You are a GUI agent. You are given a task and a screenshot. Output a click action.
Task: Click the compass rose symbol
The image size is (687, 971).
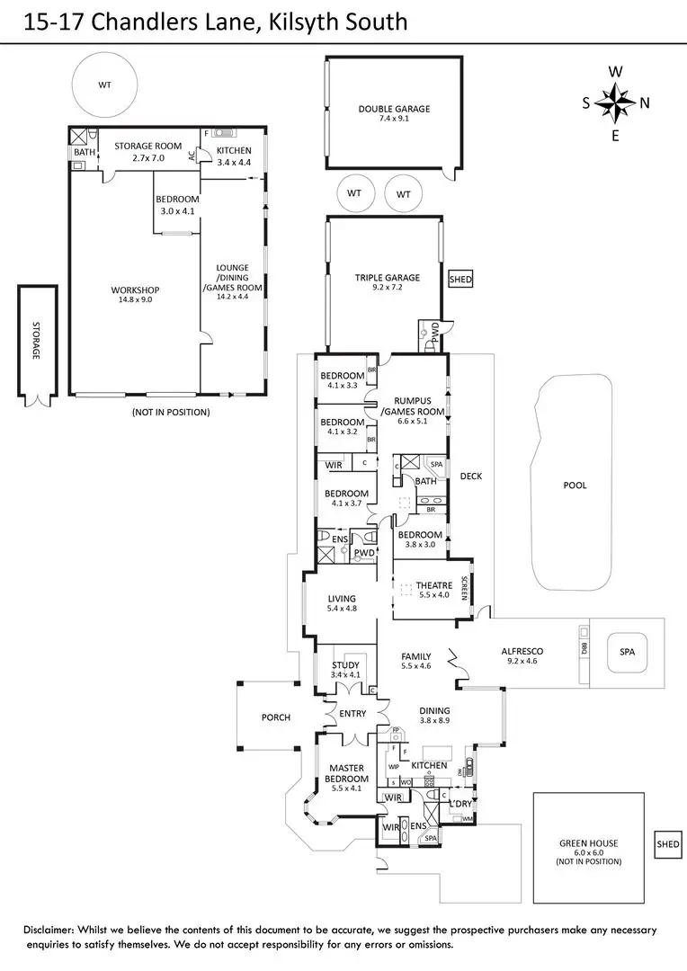[x=615, y=102]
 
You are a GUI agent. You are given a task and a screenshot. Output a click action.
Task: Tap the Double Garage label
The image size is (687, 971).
[x=394, y=109]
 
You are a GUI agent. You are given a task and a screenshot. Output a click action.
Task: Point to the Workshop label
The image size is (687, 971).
[x=135, y=290]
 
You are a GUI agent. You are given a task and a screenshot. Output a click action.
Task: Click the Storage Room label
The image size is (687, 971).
[x=148, y=146]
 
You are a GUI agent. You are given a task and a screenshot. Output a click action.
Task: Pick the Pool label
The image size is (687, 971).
[x=575, y=485]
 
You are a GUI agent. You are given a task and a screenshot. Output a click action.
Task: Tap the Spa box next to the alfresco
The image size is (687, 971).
[x=627, y=652]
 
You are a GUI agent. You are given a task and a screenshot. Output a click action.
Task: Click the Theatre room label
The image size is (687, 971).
[x=433, y=585]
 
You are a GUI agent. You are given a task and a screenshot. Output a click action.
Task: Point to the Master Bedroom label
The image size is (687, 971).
[x=346, y=773]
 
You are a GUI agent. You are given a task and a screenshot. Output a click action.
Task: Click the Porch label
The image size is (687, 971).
[x=276, y=717]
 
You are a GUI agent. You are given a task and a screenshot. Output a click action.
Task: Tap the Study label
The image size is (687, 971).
[x=345, y=665]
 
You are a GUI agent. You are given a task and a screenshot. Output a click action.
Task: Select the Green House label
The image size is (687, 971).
[x=589, y=843]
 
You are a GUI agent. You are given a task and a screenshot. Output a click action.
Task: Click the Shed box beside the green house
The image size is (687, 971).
[x=668, y=844]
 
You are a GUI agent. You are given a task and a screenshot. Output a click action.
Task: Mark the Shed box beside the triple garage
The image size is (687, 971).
[x=460, y=280]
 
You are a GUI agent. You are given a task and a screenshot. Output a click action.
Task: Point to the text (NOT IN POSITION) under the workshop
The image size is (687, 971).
[x=170, y=412]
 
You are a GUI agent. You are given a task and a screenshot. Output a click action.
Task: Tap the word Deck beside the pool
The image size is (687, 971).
[x=471, y=477]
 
